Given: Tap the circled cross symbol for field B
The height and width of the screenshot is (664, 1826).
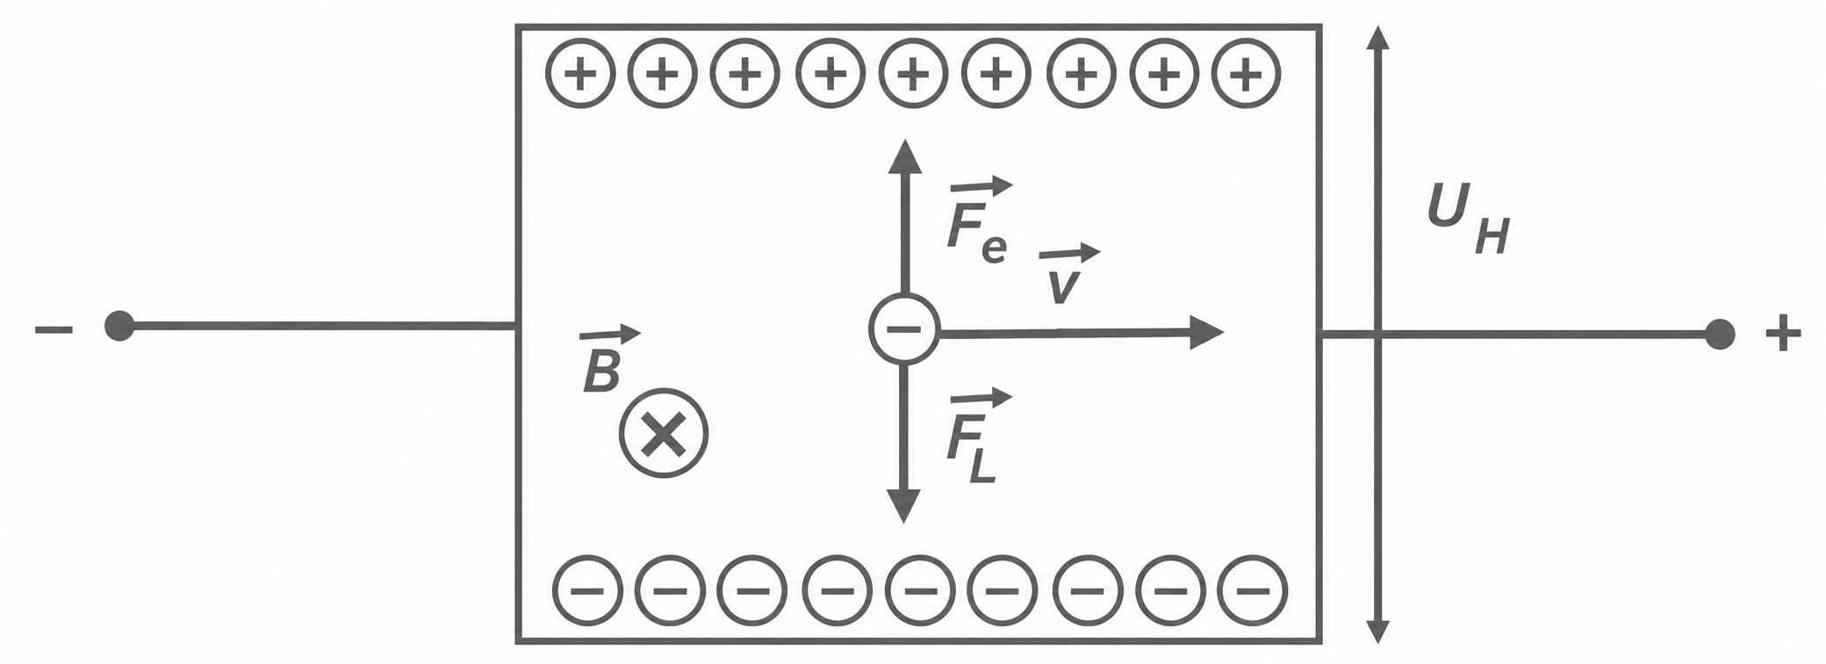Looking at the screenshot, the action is pyautogui.click(x=664, y=433).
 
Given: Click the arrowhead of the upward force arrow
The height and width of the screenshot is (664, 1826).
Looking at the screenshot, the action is pyautogui.click(x=904, y=155).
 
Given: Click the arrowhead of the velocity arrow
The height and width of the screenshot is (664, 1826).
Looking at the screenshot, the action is pyautogui.click(x=1208, y=332).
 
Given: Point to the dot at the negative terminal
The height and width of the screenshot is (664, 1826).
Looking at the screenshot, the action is pyautogui.click(x=119, y=327).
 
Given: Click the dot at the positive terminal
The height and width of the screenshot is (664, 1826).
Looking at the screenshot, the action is pyautogui.click(x=1720, y=334).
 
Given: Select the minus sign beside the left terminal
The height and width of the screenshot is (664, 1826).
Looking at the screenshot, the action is pyautogui.click(x=54, y=330).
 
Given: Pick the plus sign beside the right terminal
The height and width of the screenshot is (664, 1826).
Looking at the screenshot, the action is pyautogui.click(x=1783, y=335).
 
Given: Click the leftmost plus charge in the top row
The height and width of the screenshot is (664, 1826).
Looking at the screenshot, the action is pyautogui.click(x=580, y=75).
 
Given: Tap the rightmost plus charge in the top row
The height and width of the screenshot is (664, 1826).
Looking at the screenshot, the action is pyautogui.click(x=1246, y=75).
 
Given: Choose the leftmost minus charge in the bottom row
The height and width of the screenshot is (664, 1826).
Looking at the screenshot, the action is pyautogui.click(x=587, y=588).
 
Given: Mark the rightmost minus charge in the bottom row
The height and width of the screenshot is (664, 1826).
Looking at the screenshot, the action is pyautogui.click(x=1253, y=588).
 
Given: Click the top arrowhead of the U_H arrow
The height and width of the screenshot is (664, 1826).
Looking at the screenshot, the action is pyautogui.click(x=1379, y=37).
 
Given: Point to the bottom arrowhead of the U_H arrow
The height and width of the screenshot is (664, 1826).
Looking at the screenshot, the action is pyautogui.click(x=1378, y=632).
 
